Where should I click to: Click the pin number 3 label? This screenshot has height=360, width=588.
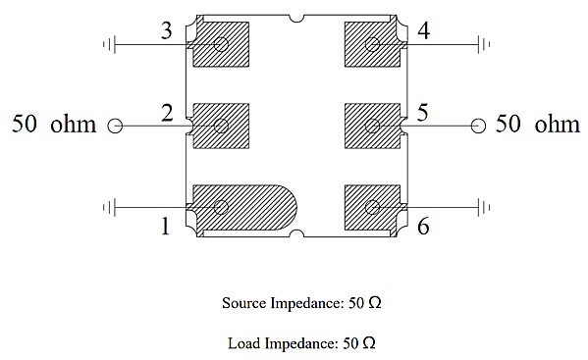(x=167, y=30)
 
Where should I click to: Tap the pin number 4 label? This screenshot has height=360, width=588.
(x=424, y=30)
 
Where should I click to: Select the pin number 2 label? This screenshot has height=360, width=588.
(x=167, y=113)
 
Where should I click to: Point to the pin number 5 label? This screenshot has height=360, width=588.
(x=423, y=113)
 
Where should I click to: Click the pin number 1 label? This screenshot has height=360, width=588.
(x=165, y=226)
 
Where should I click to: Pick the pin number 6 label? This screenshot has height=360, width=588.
(x=423, y=227)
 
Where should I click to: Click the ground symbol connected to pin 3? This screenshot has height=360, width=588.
(x=109, y=44)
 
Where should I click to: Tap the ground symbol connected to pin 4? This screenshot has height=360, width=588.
(x=484, y=44)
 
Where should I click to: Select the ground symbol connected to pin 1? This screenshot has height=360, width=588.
(x=109, y=208)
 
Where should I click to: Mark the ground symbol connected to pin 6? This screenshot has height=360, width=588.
(x=484, y=208)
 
